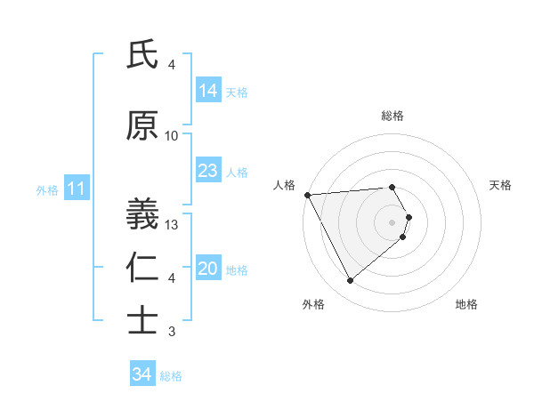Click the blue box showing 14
click(x=208, y=90)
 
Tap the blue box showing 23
click(x=208, y=171)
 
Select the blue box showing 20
click(x=208, y=269)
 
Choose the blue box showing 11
click(x=76, y=189)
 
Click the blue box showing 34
click(x=142, y=374)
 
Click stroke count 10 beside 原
click(x=172, y=136)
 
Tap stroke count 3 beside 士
click(x=172, y=332)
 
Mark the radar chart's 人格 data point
click(x=306, y=195)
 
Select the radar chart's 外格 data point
click(x=350, y=281)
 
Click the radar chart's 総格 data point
click(x=392, y=187)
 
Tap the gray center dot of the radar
click(x=392, y=221)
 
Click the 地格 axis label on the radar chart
click(x=466, y=305)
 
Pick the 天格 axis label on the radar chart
click(x=501, y=185)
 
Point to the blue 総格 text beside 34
click(x=171, y=376)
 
